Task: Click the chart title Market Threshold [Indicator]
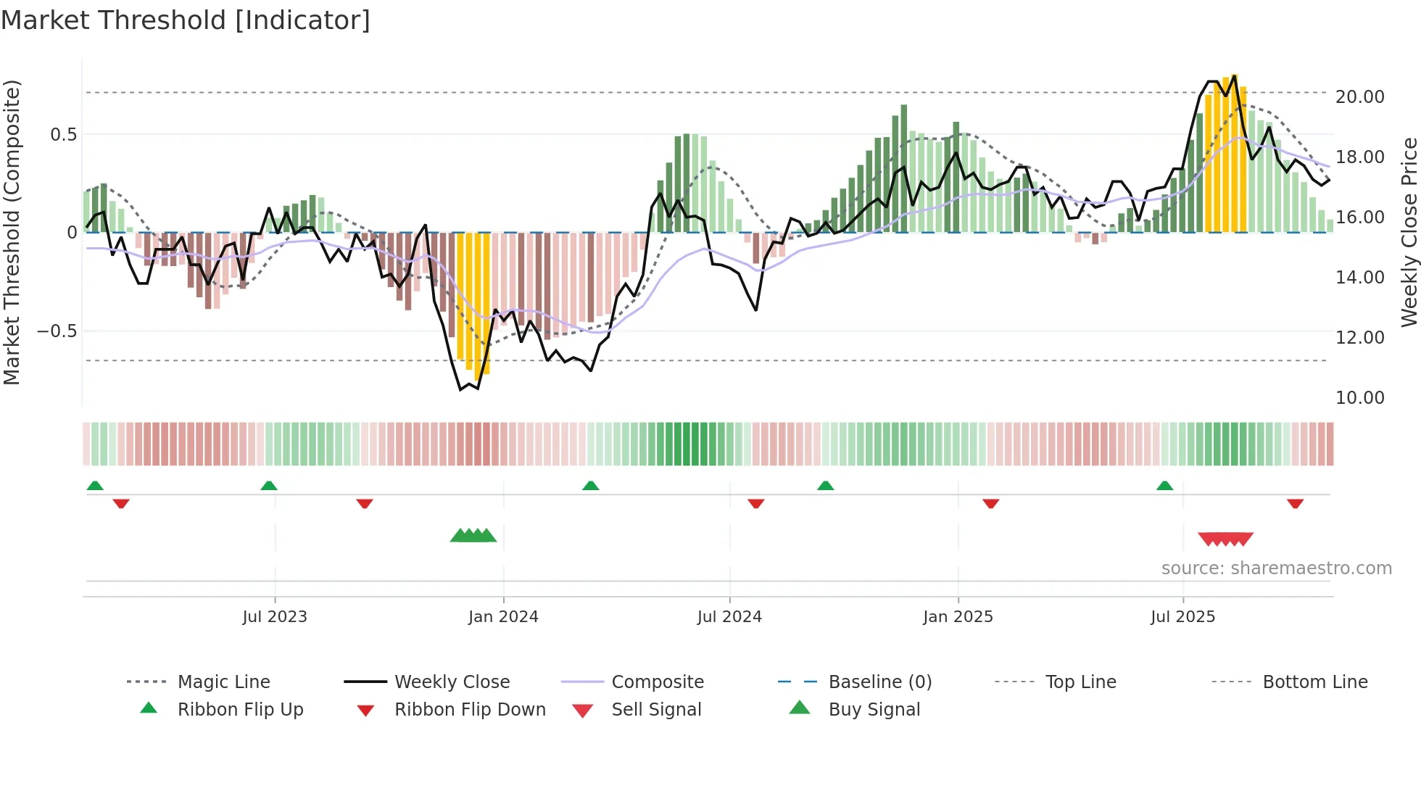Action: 186,20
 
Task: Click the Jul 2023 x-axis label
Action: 275,617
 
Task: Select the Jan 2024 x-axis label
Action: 503,617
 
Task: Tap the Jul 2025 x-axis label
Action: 1182,617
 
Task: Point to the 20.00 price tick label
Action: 1359,96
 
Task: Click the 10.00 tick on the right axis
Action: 1359,397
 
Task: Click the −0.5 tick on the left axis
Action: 57,331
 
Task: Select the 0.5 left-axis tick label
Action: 63,134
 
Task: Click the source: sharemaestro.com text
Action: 1276,568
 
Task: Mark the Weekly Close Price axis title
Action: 1409,232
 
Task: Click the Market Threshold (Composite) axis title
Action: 12,232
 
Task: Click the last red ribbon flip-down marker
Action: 1295,503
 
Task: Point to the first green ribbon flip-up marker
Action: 95,486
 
